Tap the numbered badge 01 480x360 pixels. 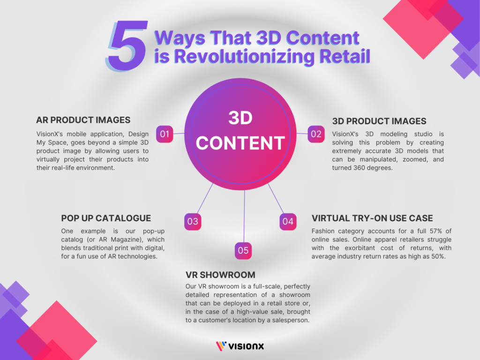pos(165,134)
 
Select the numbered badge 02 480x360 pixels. pos(316,134)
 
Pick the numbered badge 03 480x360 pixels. pos(193,222)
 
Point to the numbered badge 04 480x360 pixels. pos(288,222)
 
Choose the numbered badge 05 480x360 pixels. pos(243,251)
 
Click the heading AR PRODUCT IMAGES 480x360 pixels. pos(83,120)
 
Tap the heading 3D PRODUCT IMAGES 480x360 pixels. pos(379,121)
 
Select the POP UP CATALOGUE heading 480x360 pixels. pos(106,218)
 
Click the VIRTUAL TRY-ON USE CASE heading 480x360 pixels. pos(372,218)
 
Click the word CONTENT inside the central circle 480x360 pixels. pos(240,142)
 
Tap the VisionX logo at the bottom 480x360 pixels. pos(240,346)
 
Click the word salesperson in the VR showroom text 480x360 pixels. pos(297,321)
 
